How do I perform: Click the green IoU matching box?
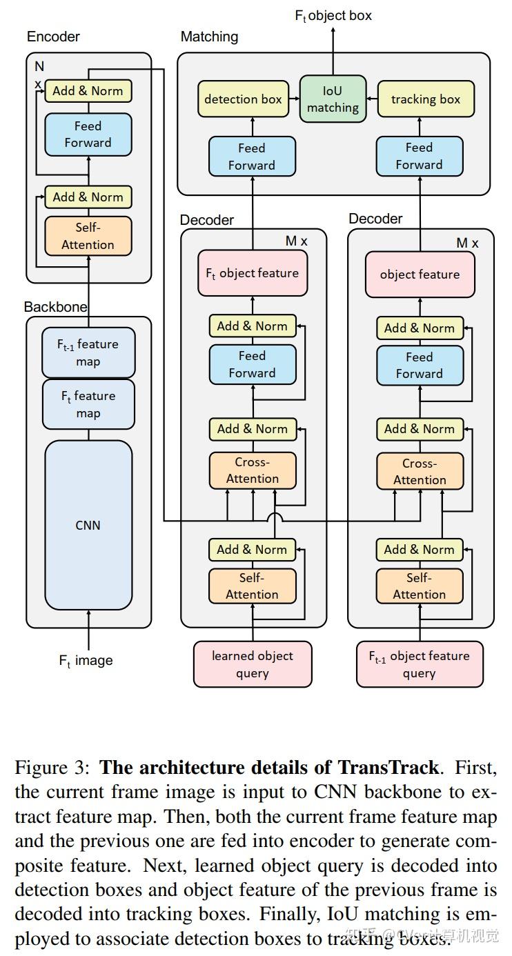[333, 99]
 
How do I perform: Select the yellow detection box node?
[243, 99]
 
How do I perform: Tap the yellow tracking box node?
[425, 99]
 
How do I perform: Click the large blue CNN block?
[88, 525]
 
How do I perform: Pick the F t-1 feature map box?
[88, 352]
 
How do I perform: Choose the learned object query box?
[252, 664]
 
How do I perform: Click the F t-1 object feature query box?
[420, 664]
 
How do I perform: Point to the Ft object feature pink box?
[252, 273]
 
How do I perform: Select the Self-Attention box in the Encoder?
[88, 236]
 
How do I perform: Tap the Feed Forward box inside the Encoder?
[88, 135]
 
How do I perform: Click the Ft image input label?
[86, 661]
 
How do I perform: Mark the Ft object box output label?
[333, 16]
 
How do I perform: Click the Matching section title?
[209, 37]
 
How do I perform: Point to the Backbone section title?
[56, 307]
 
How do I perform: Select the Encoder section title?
[53, 37]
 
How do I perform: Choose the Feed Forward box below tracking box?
[419, 156]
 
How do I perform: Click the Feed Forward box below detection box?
[252, 157]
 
